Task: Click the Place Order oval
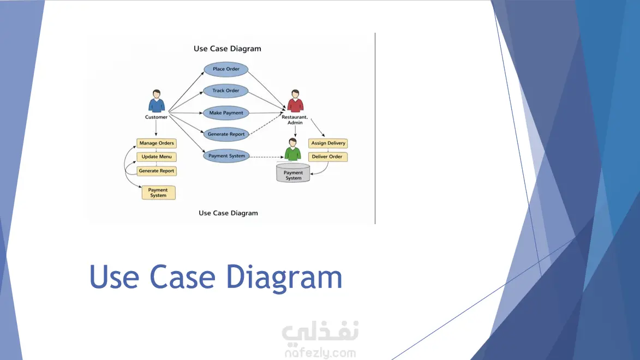(226, 69)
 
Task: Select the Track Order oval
(226, 91)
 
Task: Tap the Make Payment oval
(226, 113)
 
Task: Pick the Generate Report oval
(226, 134)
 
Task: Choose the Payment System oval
(226, 156)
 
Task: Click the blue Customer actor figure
(157, 101)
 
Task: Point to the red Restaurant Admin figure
(295, 101)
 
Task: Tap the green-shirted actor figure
(293, 149)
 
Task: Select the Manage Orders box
(157, 143)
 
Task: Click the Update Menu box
(157, 157)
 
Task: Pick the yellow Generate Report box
(157, 171)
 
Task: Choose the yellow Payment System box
(158, 193)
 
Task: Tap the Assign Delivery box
(328, 143)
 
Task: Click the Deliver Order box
(327, 157)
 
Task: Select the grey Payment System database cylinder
(293, 173)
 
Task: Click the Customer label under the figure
(157, 117)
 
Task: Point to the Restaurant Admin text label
(295, 119)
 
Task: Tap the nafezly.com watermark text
(320, 353)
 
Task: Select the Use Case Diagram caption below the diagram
(228, 213)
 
